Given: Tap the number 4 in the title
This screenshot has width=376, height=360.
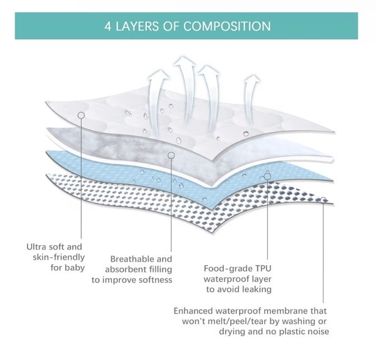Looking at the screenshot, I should point(108,26).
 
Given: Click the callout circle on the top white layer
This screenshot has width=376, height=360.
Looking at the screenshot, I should point(81,114).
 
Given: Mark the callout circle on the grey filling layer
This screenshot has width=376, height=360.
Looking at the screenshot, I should point(171,156).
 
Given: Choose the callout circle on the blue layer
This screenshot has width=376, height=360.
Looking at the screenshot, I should point(267,177).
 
